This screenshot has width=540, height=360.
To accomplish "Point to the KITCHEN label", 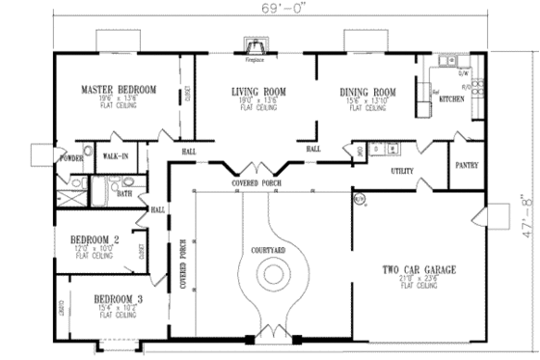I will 452,99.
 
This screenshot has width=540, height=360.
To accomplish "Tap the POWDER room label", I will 71,157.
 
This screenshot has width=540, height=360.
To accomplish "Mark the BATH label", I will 124,193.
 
